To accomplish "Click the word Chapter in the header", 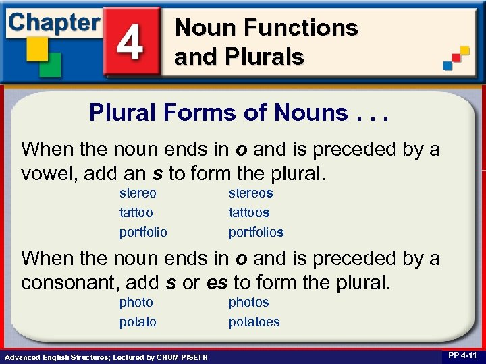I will click(54, 22).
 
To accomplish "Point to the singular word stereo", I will click(138, 193).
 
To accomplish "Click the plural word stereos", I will click(250, 193).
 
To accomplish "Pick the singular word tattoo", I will click(136, 212).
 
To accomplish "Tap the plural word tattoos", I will click(249, 212).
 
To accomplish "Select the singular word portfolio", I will click(143, 232).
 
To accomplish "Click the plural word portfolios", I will click(256, 232).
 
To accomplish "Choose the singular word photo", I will click(136, 303).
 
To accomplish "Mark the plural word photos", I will click(248, 303).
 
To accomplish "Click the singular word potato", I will click(138, 322).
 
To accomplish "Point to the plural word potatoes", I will click(254, 322).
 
